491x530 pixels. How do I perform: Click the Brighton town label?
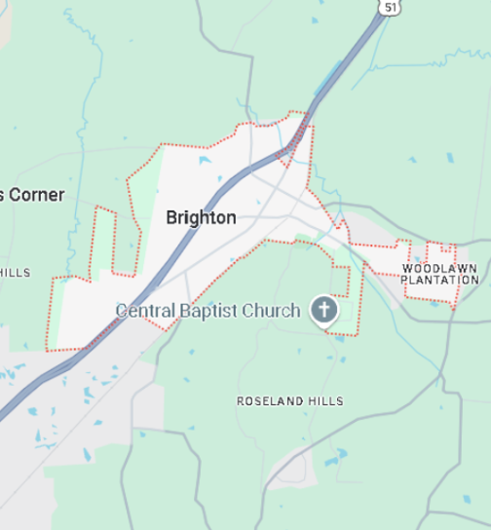tap(201, 217)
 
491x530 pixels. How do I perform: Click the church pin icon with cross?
tap(323, 311)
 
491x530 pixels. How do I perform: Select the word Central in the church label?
tap(145, 311)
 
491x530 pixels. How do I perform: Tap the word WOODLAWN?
tap(439, 267)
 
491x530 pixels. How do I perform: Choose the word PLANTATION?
tap(439, 280)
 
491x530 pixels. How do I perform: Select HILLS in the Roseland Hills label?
tap(324, 401)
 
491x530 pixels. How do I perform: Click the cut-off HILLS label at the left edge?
tap(15, 273)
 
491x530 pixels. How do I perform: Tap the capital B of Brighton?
tap(171, 217)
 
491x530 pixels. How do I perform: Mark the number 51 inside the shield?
tap(390, 7)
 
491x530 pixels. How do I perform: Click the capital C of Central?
tap(121, 311)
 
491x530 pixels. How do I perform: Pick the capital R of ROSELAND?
tap(241, 401)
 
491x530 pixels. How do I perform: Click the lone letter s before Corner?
tap(4, 196)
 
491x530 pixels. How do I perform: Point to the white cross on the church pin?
tap(323, 311)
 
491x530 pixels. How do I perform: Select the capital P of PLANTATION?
tap(404, 280)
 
